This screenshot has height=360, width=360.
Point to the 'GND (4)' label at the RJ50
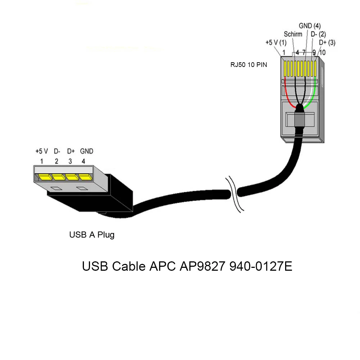point(310,26)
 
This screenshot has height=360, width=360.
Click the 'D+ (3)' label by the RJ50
point(327,42)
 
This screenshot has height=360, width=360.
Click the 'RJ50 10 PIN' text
point(249,65)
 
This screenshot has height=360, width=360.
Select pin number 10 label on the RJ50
point(322,53)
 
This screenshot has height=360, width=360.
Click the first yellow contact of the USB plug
point(44,177)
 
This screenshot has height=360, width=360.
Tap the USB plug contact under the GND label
point(85,177)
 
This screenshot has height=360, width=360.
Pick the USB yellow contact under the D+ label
point(72,177)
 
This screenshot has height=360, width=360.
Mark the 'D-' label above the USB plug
point(57,151)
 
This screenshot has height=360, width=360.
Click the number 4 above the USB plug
point(84,161)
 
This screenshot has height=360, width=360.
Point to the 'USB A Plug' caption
point(92,235)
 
